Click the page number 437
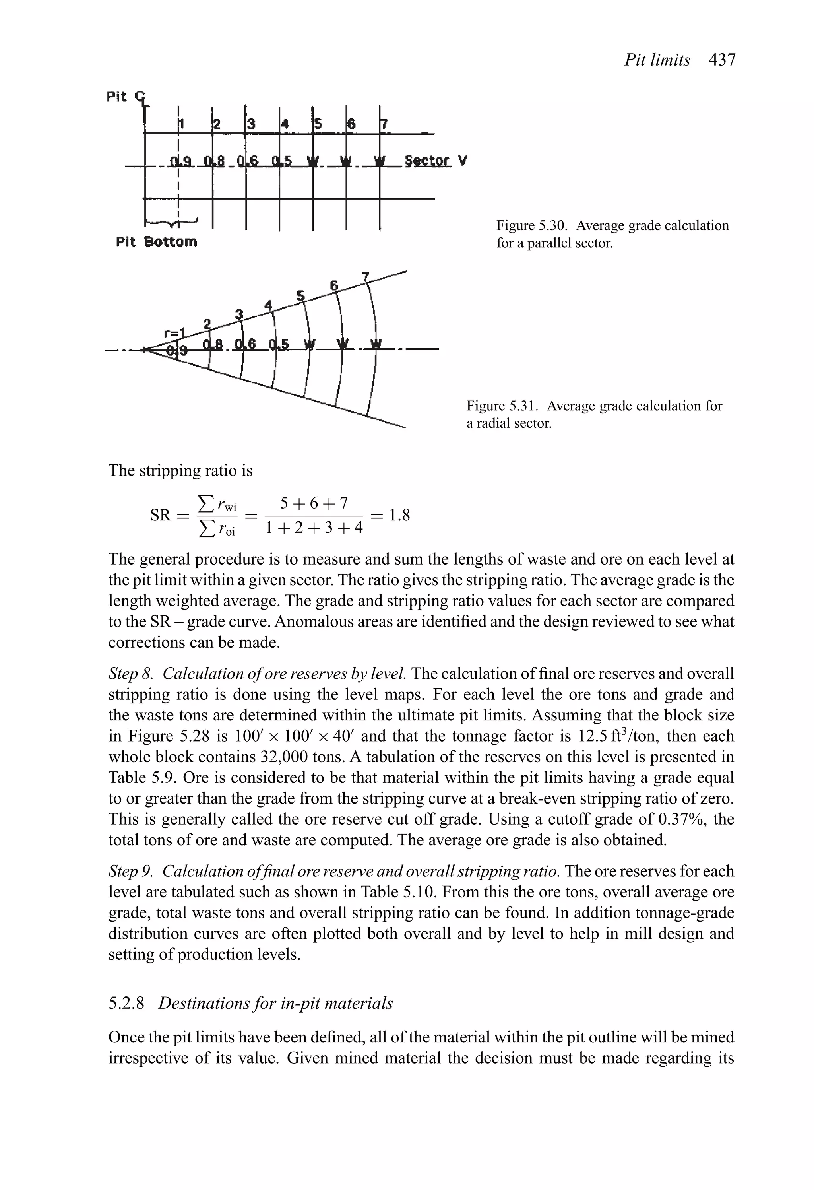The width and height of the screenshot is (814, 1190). point(722,60)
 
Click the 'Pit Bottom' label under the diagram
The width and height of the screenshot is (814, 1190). point(156,241)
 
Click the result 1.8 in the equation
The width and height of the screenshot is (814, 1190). point(399,514)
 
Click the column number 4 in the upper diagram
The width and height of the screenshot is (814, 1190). point(286,124)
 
